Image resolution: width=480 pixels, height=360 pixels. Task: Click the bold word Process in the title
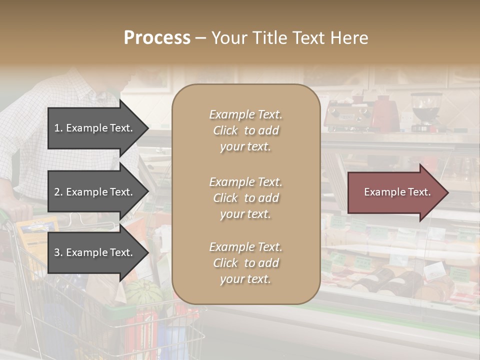tap(157, 37)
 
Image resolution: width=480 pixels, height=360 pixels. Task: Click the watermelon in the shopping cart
tap(142, 292)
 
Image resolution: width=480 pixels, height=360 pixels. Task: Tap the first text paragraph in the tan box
tap(245, 130)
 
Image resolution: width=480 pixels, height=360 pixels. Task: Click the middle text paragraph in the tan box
tap(245, 198)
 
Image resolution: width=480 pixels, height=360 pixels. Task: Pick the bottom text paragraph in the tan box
tap(245, 263)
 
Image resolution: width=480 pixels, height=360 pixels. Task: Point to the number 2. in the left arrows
tap(58, 192)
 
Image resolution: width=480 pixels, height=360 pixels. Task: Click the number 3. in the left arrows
tap(58, 252)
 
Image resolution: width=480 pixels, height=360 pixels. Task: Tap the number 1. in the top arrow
tap(58, 128)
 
